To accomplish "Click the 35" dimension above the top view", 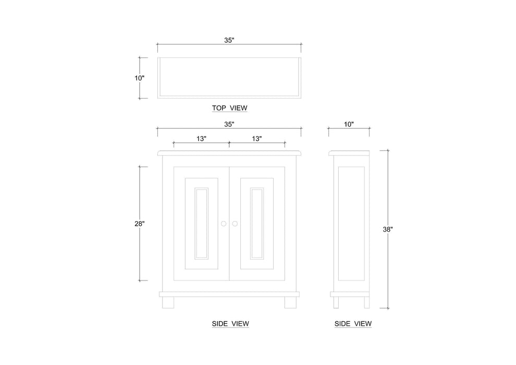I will click(229, 40).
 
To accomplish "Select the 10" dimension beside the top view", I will click(139, 78).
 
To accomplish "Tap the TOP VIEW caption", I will click(229, 108).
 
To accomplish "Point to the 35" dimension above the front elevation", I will click(229, 124).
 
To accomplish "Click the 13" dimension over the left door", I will click(201, 139).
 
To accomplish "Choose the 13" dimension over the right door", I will click(256, 139).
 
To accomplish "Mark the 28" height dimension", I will click(139, 223).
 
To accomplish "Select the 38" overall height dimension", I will click(387, 229).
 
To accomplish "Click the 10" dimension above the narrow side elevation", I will click(349, 124).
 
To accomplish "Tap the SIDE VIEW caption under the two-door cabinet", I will click(230, 324).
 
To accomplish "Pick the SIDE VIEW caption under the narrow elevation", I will click(353, 324).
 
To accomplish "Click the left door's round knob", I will click(223, 224).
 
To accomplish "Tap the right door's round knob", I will click(235, 224).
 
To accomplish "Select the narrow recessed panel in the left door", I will click(201, 223).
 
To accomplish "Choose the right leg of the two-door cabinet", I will click(290, 302).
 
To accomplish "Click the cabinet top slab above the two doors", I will click(229, 153).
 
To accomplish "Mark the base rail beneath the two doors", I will click(229, 294).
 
